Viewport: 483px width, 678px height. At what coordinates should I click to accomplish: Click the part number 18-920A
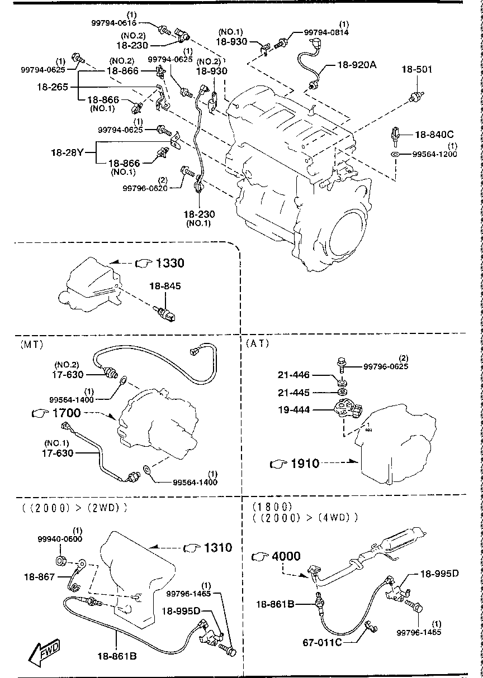click(x=357, y=65)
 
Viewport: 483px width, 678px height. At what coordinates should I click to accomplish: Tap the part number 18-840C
click(x=434, y=135)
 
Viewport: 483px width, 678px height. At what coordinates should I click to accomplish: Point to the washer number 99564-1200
click(x=435, y=154)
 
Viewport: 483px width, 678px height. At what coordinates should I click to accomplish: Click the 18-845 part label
click(x=165, y=286)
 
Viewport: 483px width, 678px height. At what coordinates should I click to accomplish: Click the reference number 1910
click(x=304, y=463)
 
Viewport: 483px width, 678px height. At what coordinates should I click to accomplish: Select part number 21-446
click(x=294, y=376)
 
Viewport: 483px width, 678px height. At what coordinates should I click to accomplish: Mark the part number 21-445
click(x=294, y=393)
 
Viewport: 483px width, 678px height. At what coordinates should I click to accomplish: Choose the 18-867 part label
click(x=39, y=577)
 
